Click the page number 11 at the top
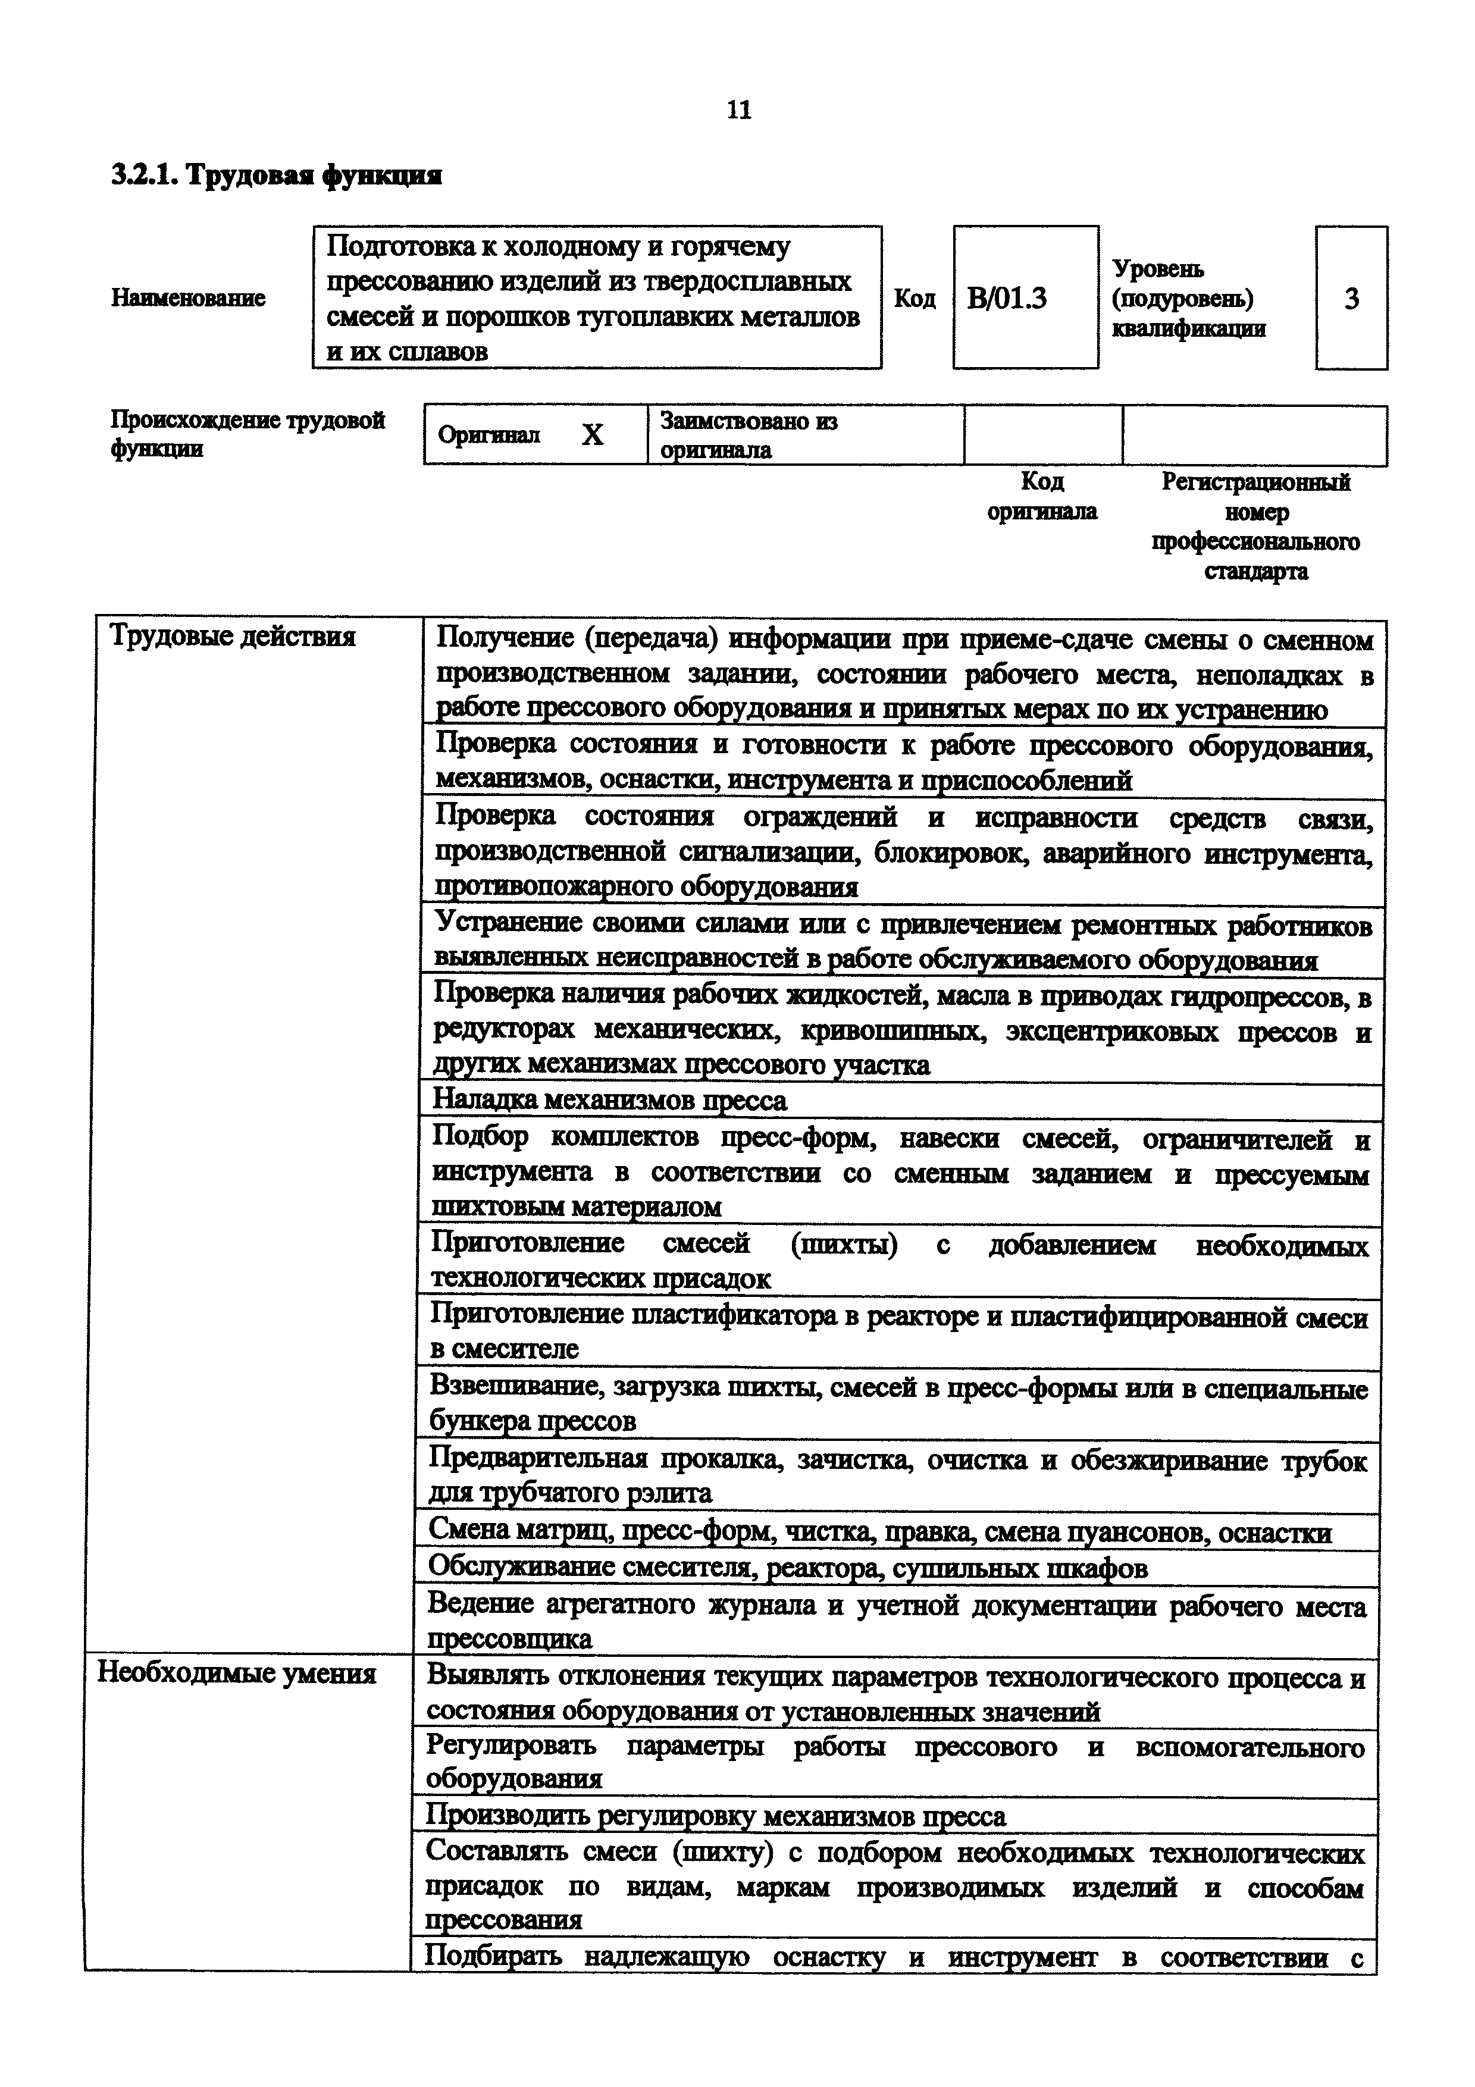pyautogui.click(x=739, y=110)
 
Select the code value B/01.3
pyautogui.click(x=1007, y=298)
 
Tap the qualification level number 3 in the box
pyautogui.click(x=1351, y=298)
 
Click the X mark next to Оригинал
pyautogui.click(x=593, y=435)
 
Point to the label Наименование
pyautogui.click(x=188, y=298)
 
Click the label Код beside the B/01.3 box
pyautogui.click(x=915, y=298)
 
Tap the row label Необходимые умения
pyautogui.click(x=236, y=1674)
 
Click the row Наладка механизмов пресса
pyautogui.click(x=609, y=1101)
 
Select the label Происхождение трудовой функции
pyautogui.click(x=247, y=434)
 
